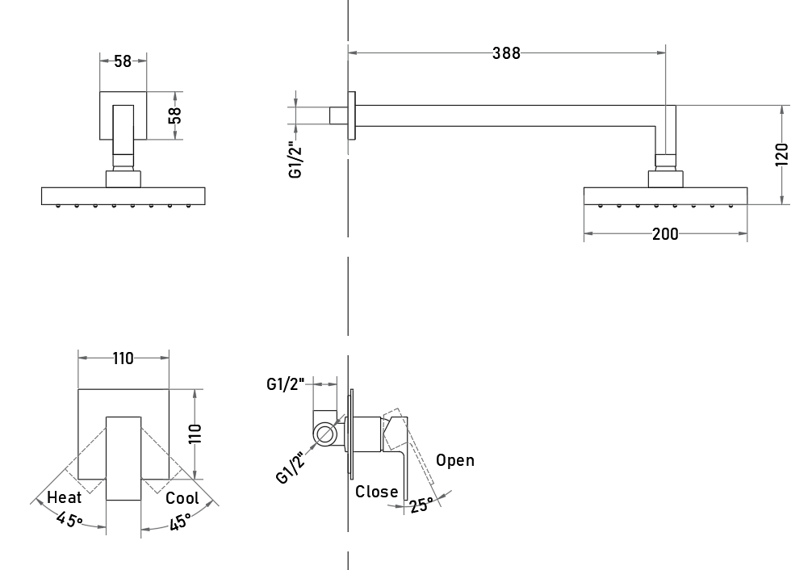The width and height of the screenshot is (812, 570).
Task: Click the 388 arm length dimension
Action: [506, 52]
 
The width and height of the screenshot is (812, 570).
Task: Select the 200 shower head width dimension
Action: [665, 234]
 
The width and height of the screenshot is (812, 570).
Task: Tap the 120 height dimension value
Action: [782, 154]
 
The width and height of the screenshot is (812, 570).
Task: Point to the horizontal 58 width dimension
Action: [123, 61]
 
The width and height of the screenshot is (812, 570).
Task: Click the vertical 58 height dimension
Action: [175, 115]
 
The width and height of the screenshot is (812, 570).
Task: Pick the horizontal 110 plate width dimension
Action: [123, 358]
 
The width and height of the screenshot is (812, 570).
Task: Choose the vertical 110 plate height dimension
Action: [195, 434]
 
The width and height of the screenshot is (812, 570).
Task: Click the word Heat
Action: [65, 497]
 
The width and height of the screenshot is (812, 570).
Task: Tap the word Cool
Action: [182, 498]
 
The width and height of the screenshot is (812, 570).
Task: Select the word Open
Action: [455, 460]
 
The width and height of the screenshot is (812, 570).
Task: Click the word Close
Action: [376, 491]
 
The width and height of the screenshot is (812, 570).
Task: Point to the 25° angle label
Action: [421, 505]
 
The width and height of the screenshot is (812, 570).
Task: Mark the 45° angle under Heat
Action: [70, 518]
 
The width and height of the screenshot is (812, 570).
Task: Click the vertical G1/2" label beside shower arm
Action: [295, 160]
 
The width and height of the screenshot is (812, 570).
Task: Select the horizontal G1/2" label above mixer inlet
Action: [286, 384]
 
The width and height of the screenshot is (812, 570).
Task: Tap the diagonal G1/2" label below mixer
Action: [291, 467]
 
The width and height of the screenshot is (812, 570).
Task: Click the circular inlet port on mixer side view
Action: [324, 434]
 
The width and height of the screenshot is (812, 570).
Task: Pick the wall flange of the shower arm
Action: [352, 115]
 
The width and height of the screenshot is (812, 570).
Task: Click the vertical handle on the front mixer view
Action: [123, 459]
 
